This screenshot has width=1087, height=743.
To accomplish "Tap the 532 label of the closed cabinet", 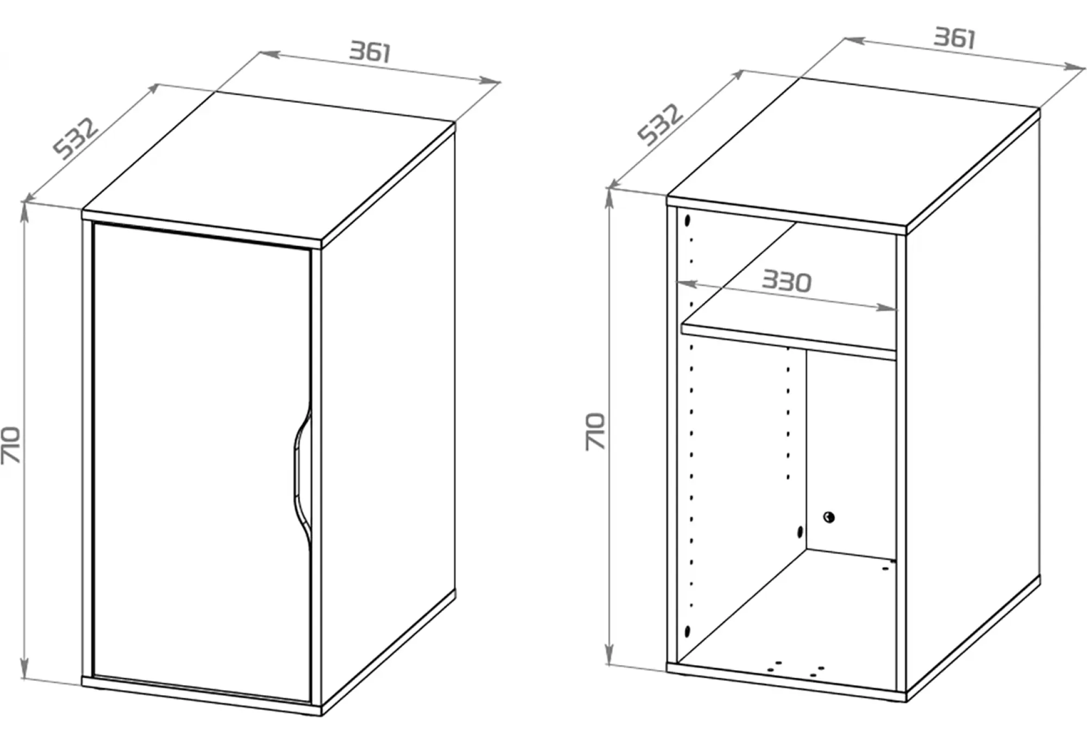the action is (77, 138).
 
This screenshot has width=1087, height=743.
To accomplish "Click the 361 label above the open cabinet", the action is (955, 38).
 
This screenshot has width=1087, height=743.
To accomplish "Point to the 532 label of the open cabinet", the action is (660, 125).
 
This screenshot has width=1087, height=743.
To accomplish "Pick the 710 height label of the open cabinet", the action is (596, 432).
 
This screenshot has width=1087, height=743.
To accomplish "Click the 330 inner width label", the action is (786, 281).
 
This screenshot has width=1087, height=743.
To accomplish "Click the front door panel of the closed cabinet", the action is (202, 462).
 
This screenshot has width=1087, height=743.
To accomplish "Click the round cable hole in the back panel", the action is (829, 517).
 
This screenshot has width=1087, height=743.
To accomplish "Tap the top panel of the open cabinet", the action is (853, 152).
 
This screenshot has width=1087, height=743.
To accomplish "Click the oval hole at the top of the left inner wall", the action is (688, 221).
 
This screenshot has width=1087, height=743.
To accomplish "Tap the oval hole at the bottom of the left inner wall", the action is (688, 631).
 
